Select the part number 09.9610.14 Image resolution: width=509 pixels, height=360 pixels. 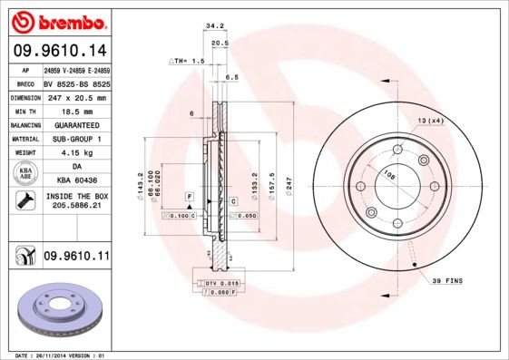tap(59, 51)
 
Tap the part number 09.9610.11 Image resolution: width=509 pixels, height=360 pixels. tap(76, 258)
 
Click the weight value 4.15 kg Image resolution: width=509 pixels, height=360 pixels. tap(76, 152)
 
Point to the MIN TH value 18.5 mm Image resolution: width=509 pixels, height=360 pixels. tap(76, 110)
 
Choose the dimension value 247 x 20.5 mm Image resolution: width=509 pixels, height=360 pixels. tap(76, 96)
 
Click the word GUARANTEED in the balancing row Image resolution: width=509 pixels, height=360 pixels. tap(76, 124)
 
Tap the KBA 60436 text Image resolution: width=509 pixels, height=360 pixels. tap(76, 181)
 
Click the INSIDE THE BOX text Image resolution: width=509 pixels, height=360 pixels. tap(76, 196)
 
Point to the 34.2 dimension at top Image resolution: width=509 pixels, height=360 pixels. tap(215, 26)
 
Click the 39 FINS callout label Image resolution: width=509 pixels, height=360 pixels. tap(446, 281)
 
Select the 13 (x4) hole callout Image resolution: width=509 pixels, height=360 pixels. tap(430, 121)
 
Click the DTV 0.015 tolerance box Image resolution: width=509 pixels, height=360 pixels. tap(220, 285)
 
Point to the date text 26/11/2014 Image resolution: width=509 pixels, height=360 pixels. tap(64, 355)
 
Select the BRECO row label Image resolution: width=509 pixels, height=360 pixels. tap(25, 83)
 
